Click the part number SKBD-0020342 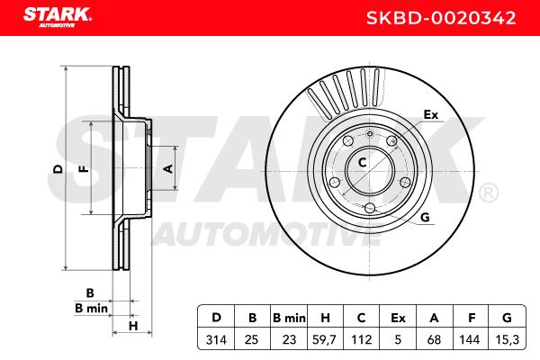pos(441,18)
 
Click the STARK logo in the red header pos(58,17)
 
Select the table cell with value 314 pos(216,340)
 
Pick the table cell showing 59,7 pos(324,340)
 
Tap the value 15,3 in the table pos(507,340)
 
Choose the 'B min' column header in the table pos(289,318)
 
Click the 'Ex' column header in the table pos(398,318)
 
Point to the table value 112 pos(361,340)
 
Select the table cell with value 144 pos(470,340)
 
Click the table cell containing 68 pos(434,340)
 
